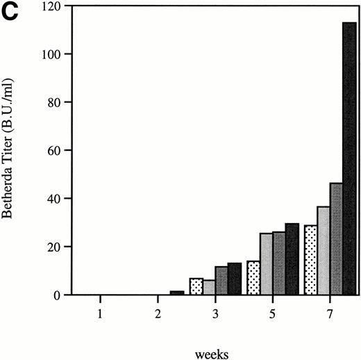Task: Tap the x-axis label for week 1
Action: pyautogui.click(x=101, y=313)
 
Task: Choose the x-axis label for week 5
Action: pyautogui.click(x=271, y=313)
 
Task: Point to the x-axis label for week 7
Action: pyautogui.click(x=328, y=313)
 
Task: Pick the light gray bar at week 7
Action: pyautogui.click(x=324, y=250)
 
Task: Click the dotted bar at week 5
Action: pyautogui.click(x=253, y=278)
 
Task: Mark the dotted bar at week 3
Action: pyautogui.click(x=196, y=286)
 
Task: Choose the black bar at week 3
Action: pyautogui.click(x=235, y=279)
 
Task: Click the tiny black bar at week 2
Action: pyautogui.click(x=177, y=293)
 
